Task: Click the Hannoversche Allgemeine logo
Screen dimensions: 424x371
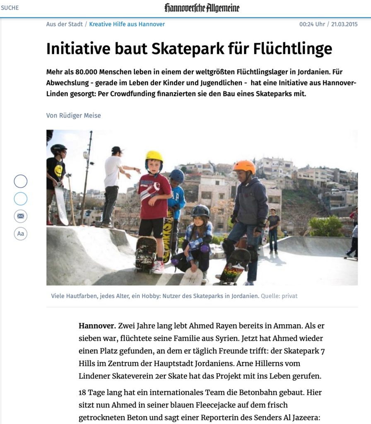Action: pyautogui.click(x=202, y=8)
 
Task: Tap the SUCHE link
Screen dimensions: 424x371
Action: pyautogui.click(x=10, y=8)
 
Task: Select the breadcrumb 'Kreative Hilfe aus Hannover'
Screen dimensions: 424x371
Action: pyautogui.click(x=127, y=24)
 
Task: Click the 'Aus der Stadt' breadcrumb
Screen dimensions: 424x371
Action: pyautogui.click(x=64, y=24)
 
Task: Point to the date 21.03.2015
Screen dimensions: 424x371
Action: pyautogui.click(x=344, y=24)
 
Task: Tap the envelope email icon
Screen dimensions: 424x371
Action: pyautogui.click(x=20, y=216)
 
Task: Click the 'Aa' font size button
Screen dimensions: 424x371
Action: pyautogui.click(x=20, y=234)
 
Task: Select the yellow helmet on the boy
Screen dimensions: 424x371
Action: pyautogui.click(x=154, y=157)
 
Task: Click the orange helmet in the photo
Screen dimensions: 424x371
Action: pyautogui.click(x=244, y=166)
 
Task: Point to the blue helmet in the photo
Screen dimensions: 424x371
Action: pyautogui.click(x=177, y=176)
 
